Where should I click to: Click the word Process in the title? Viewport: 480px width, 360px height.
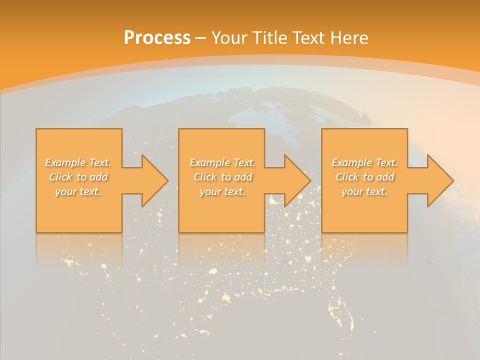tap(157, 38)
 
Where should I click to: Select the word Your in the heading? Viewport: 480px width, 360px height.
tap(229, 38)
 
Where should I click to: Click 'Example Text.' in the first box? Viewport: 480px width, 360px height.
tap(78, 162)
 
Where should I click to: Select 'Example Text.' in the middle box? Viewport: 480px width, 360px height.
tap(222, 162)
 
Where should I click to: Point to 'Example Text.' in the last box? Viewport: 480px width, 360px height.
tap(364, 162)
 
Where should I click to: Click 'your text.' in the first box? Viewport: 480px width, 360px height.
tap(78, 191)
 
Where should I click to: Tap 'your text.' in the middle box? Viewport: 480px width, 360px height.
tap(222, 191)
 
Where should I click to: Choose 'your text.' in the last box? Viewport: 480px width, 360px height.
tap(364, 191)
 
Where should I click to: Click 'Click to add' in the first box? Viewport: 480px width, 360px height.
tap(78, 177)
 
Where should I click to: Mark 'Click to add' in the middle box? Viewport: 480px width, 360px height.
tap(222, 177)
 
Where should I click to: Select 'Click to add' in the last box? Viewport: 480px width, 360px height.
tap(365, 177)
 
